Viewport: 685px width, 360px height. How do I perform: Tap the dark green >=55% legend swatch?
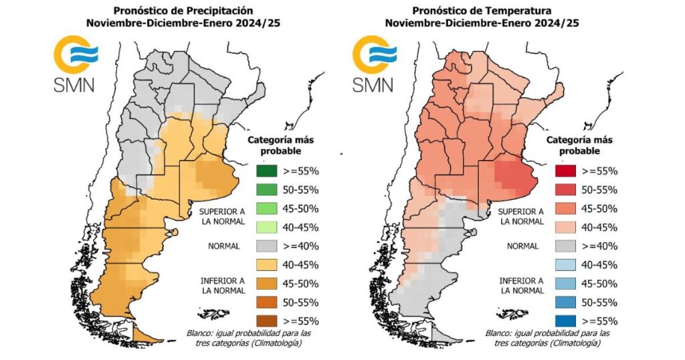(x=268, y=171)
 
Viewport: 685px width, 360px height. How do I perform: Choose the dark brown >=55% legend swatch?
(x=268, y=321)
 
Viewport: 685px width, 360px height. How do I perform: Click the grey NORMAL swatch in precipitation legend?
(x=268, y=246)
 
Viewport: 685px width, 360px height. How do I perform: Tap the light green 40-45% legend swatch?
(x=268, y=227)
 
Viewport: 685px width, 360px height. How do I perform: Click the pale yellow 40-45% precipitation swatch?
(x=268, y=264)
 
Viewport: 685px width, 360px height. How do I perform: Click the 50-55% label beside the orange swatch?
(x=300, y=302)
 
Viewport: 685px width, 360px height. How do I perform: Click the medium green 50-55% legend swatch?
(x=268, y=189)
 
